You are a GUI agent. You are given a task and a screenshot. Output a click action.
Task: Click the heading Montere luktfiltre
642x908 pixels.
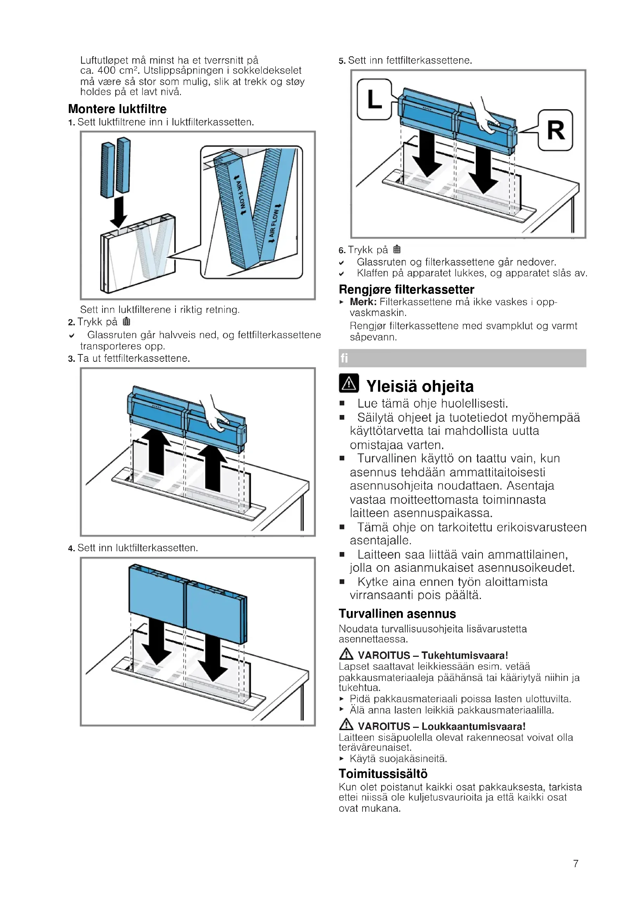point(117,109)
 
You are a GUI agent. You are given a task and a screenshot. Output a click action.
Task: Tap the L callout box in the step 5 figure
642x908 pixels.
point(374,99)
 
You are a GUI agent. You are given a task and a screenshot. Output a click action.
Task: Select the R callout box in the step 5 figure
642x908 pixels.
point(555,130)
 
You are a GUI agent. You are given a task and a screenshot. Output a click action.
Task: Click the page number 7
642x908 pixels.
point(576,863)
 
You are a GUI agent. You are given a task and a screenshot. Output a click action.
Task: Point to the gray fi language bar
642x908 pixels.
point(462,358)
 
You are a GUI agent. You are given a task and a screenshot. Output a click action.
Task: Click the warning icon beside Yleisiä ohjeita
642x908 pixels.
point(349,383)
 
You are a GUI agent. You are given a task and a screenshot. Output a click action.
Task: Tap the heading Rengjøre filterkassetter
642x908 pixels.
point(406,289)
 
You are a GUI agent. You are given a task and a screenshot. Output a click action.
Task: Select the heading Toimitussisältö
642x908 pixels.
point(383,774)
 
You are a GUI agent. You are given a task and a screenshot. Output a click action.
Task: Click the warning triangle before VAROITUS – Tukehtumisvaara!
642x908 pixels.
point(346,654)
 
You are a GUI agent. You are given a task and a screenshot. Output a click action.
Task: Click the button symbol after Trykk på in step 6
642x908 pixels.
point(397,249)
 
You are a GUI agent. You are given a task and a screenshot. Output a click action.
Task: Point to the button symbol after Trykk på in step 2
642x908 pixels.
point(126,321)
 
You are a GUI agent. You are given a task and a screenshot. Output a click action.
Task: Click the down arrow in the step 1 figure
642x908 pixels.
point(118,212)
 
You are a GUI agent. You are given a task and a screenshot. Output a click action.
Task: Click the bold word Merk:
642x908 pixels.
point(363,302)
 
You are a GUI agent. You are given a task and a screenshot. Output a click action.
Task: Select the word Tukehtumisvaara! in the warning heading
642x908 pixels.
point(465,655)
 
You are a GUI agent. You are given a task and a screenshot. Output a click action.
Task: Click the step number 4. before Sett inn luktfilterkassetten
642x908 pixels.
point(71,548)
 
